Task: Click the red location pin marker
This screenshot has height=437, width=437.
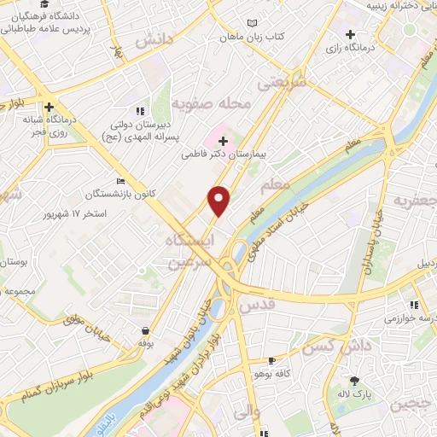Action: tap(219, 200)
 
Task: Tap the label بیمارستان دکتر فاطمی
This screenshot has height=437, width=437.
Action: tap(224, 156)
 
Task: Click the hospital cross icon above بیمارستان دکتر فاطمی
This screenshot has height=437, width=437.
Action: tap(223, 140)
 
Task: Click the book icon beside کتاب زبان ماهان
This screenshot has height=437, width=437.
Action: tap(250, 23)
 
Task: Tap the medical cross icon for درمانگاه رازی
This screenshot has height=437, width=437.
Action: tap(350, 34)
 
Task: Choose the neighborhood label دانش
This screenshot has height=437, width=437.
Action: tap(154, 40)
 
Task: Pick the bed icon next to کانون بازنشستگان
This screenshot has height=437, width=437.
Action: tap(120, 181)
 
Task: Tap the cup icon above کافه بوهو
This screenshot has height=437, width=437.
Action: tap(272, 360)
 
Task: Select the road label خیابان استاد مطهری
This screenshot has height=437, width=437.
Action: tap(260, 235)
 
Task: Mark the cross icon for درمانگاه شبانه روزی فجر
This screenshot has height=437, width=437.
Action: tap(50, 108)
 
